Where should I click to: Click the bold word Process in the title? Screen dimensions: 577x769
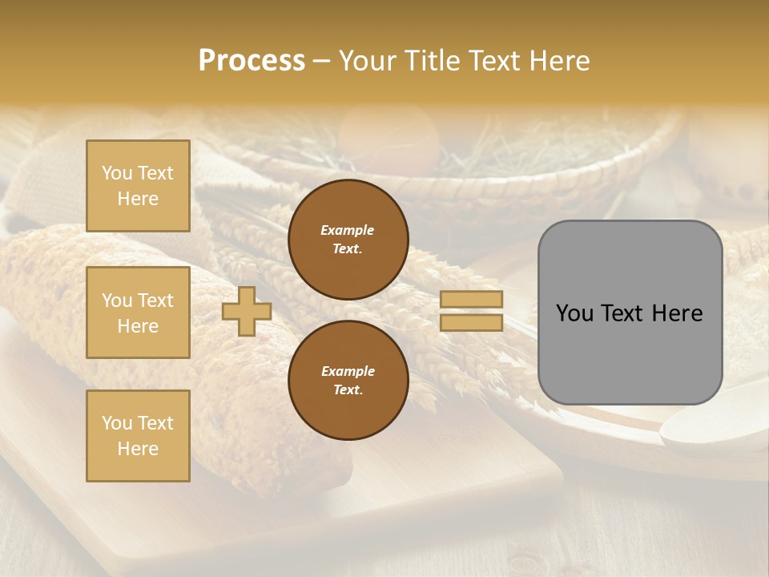(252, 61)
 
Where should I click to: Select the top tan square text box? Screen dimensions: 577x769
(138, 186)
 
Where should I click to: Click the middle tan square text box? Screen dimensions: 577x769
(138, 313)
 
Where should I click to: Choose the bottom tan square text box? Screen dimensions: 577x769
(138, 436)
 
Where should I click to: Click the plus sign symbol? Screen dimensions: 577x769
(246, 311)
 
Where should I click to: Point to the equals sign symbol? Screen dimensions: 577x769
(471, 311)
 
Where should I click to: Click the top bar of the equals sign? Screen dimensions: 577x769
(471, 300)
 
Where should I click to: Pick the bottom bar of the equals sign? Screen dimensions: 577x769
(471, 323)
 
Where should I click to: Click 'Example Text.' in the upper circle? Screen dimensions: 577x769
(348, 240)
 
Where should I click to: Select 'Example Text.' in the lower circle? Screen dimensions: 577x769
(348, 381)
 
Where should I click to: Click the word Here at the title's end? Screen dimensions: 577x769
(558, 61)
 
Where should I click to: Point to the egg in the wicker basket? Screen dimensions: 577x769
(389, 141)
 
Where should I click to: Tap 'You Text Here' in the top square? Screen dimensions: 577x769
(138, 186)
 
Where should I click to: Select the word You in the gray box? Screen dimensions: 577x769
(574, 313)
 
